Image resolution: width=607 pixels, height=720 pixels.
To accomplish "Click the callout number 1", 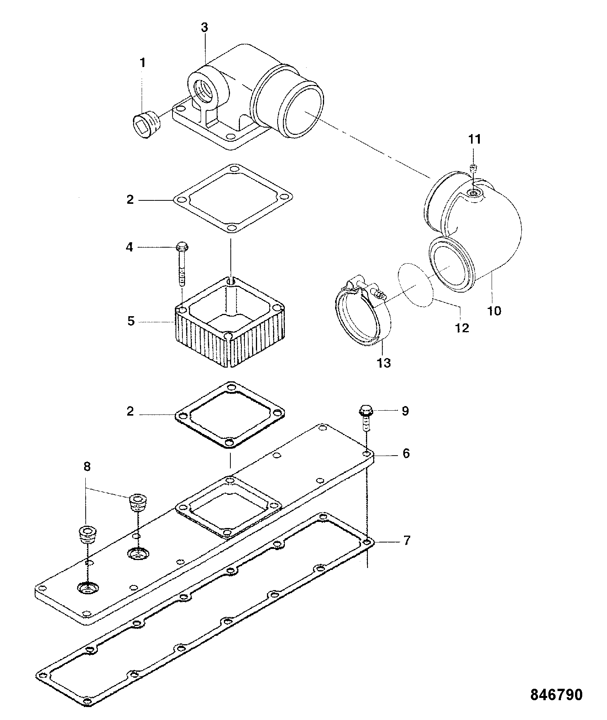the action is [x=143, y=63].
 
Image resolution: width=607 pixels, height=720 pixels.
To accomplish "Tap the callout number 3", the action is [x=204, y=27].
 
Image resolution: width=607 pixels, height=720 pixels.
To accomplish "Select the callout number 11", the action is [x=474, y=139].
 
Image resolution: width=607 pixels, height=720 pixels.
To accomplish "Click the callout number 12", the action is [x=462, y=328].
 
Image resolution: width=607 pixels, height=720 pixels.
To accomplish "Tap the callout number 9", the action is [x=405, y=411].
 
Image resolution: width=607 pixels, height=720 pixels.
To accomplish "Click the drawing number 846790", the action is [x=556, y=694].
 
